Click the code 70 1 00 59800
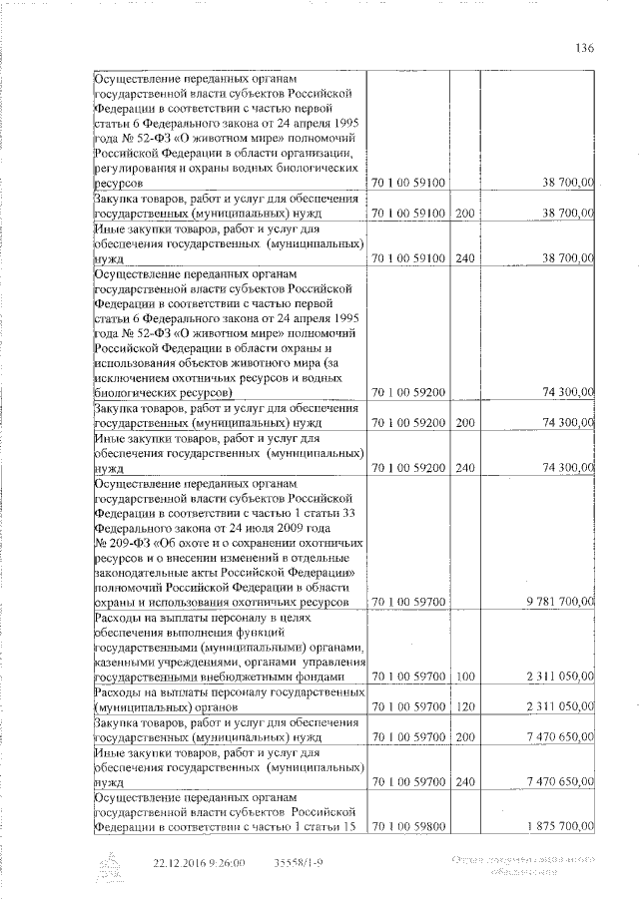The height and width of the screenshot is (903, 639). pos(409,827)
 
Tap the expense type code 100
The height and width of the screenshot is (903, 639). pos(464,678)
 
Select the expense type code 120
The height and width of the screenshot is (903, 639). pos(464,707)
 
